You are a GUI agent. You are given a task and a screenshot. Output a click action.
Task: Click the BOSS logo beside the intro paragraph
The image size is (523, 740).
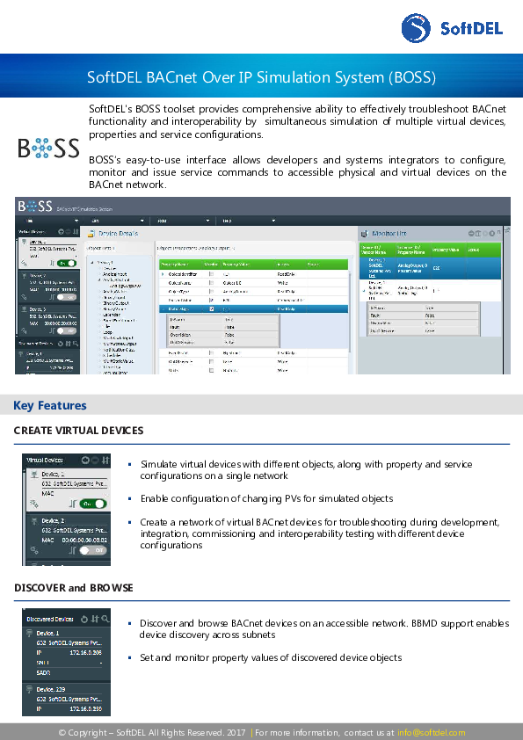point(48,148)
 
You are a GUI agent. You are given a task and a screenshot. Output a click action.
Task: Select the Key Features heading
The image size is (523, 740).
point(50,405)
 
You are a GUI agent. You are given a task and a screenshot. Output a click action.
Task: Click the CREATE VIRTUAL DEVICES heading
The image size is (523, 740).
point(78,431)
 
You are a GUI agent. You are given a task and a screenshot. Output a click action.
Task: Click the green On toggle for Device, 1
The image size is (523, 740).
point(92,504)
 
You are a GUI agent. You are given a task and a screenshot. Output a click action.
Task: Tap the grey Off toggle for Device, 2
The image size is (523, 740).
point(92,549)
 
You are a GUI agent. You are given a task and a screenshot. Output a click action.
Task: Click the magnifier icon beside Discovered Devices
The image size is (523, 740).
point(105,619)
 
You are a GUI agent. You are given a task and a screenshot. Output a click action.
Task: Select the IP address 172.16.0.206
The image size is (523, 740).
point(85,653)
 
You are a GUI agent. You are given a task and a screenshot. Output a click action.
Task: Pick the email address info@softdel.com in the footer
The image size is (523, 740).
point(431,732)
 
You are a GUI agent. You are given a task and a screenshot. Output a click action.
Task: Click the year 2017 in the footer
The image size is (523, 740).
point(236,732)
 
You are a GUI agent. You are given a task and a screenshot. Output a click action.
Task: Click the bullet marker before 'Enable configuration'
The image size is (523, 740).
point(129,498)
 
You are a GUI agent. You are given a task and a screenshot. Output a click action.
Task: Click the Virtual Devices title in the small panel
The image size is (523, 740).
point(45,460)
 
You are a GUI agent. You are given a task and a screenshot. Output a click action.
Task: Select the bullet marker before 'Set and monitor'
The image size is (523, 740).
point(129,657)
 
